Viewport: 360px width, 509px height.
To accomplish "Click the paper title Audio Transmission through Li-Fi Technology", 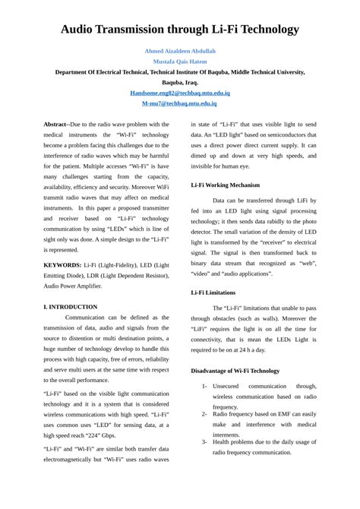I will [x=180, y=30].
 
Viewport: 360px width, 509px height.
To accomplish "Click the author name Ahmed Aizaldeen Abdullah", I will [x=180, y=50].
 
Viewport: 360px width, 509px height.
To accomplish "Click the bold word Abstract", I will [x=55, y=124].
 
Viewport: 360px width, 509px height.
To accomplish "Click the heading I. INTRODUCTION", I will [x=71, y=307].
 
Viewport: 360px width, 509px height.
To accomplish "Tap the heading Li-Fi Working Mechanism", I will [x=225, y=185].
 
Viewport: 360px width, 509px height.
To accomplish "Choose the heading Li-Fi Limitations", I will [x=213, y=292].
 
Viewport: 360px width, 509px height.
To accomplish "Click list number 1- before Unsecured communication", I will [x=204, y=386].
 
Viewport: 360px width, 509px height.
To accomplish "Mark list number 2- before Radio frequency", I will [x=204, y=414].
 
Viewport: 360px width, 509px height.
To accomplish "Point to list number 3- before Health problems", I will [x=204, y=441].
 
